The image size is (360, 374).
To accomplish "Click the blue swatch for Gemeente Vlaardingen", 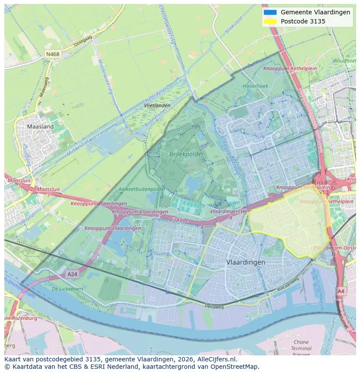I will point(270,12).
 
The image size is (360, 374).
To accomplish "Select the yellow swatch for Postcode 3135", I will point(270,21).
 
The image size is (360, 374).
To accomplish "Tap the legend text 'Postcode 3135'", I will point(303,21).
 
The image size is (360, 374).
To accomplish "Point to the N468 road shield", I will point(53,54).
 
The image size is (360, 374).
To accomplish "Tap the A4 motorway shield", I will point(341,291).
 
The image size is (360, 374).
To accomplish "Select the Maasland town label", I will point(40,126).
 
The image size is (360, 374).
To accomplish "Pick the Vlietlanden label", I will point(157,106).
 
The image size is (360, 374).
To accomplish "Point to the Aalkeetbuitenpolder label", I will point(142,189).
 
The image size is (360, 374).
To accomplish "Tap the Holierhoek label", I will point(255,86).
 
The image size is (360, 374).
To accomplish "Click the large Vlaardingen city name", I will point(246,262).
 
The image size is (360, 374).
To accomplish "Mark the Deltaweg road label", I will point(214,306).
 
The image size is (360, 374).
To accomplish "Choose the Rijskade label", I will point(179,220).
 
